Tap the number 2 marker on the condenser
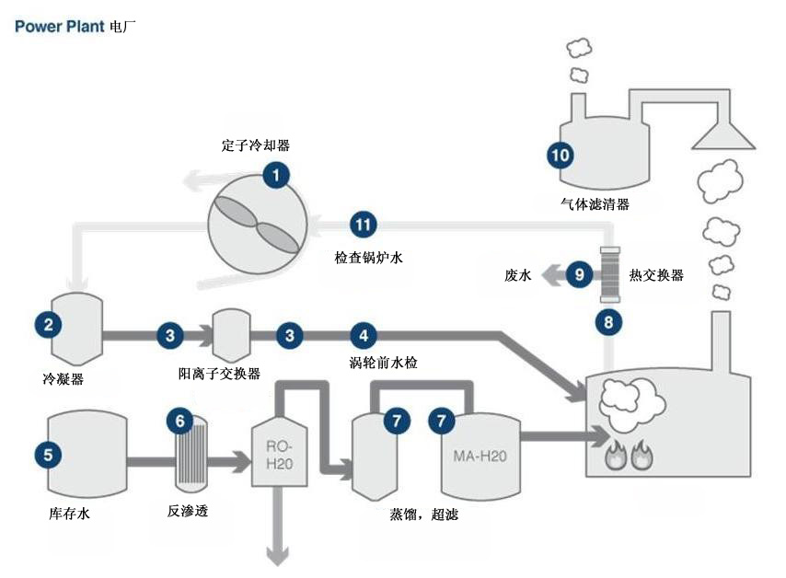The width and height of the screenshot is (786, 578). (x=48, y=323)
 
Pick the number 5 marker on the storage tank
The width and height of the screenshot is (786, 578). (x=48, y=452)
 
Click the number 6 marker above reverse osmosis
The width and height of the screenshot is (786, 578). (x=180, y=421)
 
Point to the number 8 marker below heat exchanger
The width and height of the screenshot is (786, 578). (x=607, y=321)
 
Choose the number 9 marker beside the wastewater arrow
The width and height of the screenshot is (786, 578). (x=579, y=273)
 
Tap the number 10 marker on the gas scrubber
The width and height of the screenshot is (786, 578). (x=560, y=153)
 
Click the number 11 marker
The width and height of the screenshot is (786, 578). (x=364, y=224)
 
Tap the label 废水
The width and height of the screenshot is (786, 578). (x=518, y=274)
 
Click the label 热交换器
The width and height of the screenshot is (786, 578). (x=656, y=274)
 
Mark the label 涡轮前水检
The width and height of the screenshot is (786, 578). (x=384, y=363)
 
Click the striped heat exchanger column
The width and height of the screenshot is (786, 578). (x=609, y=273)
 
